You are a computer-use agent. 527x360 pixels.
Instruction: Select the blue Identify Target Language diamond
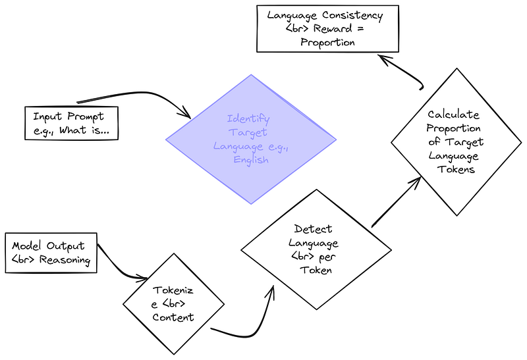click(250, 140)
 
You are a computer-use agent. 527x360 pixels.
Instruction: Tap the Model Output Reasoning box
click(51, 253)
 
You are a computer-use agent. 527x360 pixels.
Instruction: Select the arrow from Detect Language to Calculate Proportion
click(395, 201)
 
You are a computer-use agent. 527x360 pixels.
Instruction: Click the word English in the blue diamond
click(251, 159)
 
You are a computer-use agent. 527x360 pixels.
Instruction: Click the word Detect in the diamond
click(314, 229)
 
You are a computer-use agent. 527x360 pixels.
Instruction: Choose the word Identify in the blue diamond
click(248, 119)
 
